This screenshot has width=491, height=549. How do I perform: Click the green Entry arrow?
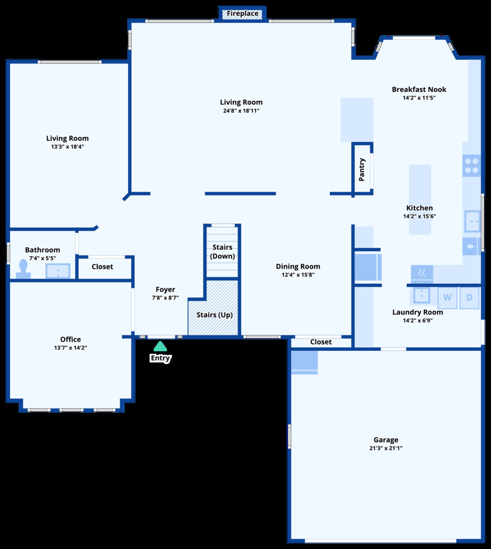pos(160,347)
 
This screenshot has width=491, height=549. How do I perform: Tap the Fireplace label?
pos(243,14)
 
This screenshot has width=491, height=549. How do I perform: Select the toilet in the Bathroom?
pos(23,268)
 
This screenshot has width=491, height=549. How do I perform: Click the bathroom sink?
pos(58,271)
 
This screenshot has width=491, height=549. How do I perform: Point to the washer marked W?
pos(447,297)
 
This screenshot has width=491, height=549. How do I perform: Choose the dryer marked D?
pos(469,297)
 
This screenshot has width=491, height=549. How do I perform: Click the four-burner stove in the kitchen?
pos(471,166)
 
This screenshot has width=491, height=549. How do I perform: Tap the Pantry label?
pos(362,170)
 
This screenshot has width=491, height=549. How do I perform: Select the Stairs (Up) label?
pos(214,315)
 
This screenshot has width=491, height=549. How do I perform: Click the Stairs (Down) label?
pos(222,252)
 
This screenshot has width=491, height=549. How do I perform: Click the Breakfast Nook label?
pos(419,89)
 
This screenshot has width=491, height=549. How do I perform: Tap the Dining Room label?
pos(298,266)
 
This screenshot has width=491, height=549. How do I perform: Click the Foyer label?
pos(165,290)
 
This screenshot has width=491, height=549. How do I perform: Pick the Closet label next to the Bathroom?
pos(102,266)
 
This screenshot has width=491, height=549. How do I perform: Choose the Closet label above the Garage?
pos(321,342)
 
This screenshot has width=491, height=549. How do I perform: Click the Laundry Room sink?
pos(422,295)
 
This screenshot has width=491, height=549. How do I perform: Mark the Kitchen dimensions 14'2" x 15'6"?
pos(419,216)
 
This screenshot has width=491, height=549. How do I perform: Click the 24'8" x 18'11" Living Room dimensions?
pos(241,110)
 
